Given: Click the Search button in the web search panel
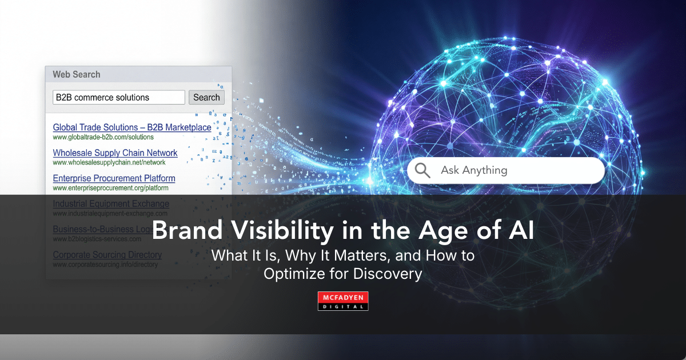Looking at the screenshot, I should [206, 97].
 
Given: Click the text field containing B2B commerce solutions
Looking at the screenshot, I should [119, 97].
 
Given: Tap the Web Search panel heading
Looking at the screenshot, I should [77, 74].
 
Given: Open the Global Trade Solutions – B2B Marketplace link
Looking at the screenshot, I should [132, 127].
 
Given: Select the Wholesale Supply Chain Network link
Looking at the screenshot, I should [115, 153].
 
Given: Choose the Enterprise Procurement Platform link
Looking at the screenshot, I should [114, 178].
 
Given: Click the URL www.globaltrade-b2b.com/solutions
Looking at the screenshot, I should [103, 137].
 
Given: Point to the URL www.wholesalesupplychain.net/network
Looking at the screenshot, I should [109, 163].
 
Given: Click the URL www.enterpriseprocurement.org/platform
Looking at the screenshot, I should [110, 188].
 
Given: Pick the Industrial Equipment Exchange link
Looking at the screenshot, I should [111, 204].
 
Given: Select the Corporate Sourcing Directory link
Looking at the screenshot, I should [107, 255].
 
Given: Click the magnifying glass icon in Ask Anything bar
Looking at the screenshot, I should [422, 170].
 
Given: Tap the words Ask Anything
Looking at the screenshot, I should [474, 170].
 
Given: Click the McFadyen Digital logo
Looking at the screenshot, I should [343, 301].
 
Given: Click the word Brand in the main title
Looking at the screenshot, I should [182, 231].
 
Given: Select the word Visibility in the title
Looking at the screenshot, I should [272, 231].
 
